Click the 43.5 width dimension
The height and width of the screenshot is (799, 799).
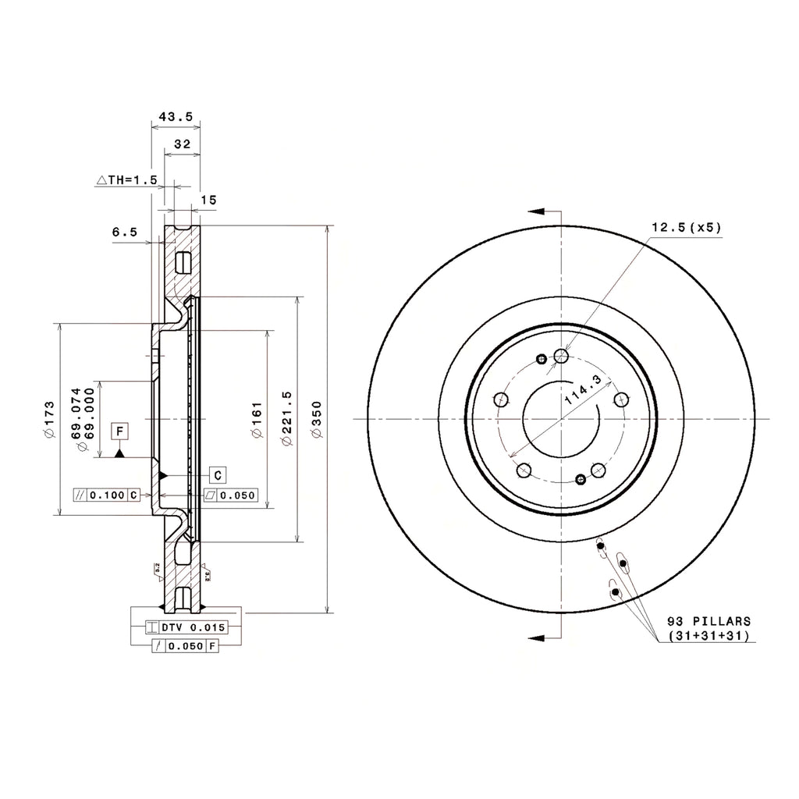click(x=176, y=116)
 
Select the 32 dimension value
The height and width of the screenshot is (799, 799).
click(x=183, y=144)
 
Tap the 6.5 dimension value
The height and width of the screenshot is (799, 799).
click(x=125, y=232)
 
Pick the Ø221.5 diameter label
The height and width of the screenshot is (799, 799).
click(x=286, y=419)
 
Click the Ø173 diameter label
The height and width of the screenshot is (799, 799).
click(x=49, y=420)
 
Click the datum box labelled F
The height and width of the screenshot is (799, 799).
click(x=120, y=431)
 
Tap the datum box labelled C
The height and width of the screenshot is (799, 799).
click(x=218, y=474)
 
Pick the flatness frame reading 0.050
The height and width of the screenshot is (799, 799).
click(x=231, y=495)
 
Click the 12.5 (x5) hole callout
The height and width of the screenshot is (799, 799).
click(x=687, y=227)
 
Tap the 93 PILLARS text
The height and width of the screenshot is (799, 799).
click(x=709, y=621)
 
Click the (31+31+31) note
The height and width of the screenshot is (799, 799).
click(x=709, y=636)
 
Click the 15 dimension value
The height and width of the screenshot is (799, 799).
click(x=208, y=201)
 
